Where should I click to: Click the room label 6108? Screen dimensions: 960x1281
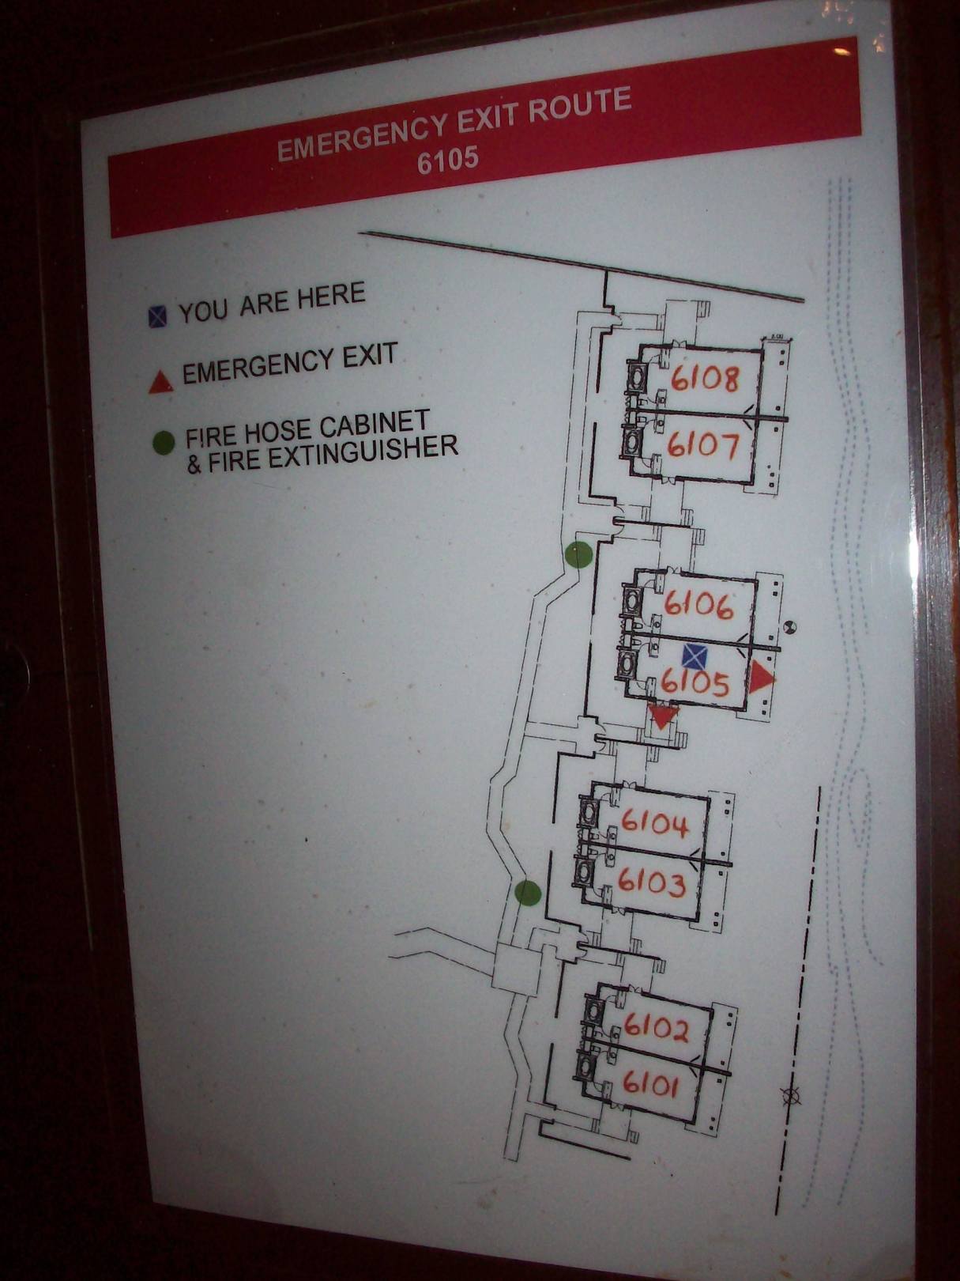point(704,379)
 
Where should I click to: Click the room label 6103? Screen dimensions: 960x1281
point(651,882)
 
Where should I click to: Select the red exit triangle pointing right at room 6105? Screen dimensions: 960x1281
point(760,678)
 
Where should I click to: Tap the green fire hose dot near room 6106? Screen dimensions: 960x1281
point(579,554)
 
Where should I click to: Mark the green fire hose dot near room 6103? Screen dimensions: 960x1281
point(528,894)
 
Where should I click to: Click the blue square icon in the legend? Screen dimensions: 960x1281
point(156,317)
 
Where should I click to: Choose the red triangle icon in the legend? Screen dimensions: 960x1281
point(161,383)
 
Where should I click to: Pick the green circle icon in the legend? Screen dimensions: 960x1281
point(164,442)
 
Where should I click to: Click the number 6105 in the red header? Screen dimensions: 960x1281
point(448,159)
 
